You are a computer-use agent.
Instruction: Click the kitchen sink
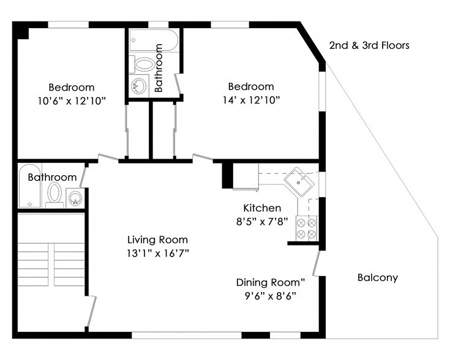299,182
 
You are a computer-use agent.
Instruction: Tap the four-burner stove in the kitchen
307,228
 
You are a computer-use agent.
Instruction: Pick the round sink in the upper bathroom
139,85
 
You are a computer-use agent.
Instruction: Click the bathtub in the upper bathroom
154,40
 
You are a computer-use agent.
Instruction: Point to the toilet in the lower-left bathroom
54,195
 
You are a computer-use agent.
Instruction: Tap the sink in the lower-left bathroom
75,198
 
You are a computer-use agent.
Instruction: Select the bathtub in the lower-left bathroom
30,186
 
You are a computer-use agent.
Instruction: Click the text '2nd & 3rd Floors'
369,45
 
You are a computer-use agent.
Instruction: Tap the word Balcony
378,277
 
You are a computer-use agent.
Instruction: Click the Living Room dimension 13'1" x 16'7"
158,253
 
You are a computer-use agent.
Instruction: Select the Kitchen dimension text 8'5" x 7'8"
262,222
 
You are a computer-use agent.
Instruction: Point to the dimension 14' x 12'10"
251,100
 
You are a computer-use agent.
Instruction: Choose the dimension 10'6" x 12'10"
72,101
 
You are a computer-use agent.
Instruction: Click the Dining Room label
271,282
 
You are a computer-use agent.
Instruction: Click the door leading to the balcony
317,263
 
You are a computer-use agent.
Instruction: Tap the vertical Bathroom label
159,68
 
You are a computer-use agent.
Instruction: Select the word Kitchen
262,208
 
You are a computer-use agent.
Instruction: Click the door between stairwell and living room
91,311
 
